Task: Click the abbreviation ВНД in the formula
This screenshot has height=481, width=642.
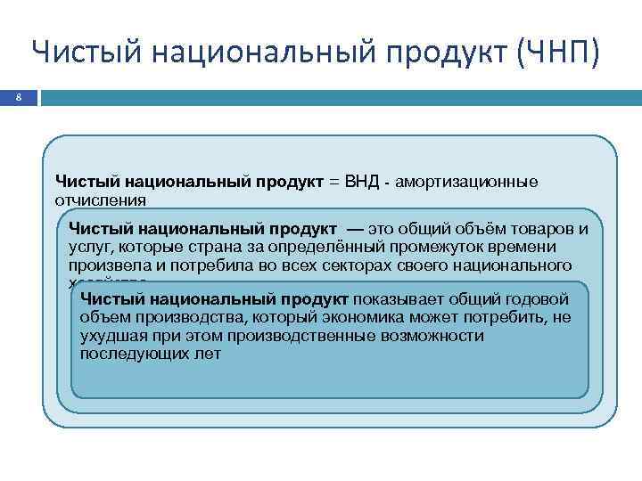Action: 359,183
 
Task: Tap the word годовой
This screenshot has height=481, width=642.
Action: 535,299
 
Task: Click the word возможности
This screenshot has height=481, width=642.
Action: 429,336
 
